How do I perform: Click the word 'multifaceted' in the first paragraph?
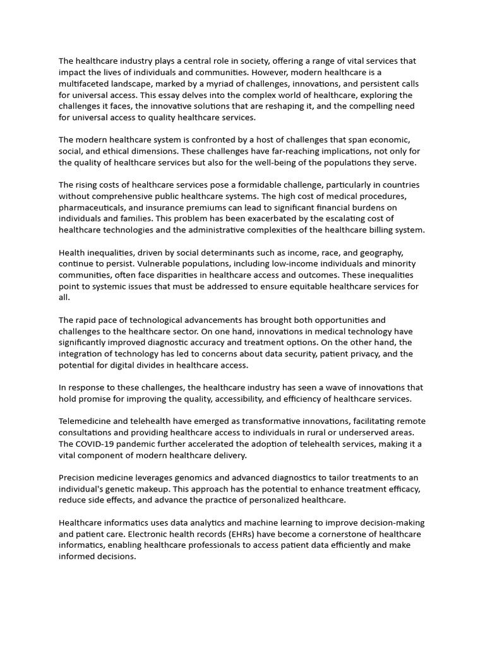tap(86, 84)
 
